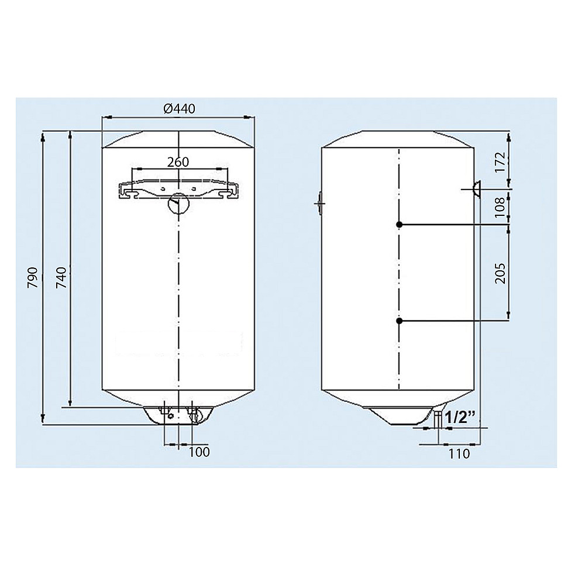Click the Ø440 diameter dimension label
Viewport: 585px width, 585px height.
(x=179, y=109)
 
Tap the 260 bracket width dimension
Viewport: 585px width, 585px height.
(x=178, y=162)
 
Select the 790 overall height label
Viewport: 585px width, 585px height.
(x=33, y=277)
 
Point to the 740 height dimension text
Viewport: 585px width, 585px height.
(x=61, y=277)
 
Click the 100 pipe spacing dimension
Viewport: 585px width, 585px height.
(x=199, y=452)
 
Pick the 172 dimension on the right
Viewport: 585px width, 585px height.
(x=500, y=161)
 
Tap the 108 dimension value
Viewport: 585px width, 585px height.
(x=500, y=207)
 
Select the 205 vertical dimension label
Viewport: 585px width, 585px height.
(x=500, y=273)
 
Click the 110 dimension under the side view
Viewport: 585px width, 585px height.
(x=459, y=454)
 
